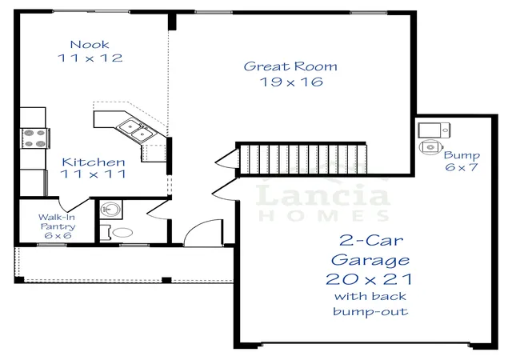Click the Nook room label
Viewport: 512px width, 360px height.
tap(90, 45)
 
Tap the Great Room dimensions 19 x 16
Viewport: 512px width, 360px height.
tap(291, 82)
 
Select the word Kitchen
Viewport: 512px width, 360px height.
tap(94, 162)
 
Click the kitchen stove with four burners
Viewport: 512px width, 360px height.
tap(35, 138)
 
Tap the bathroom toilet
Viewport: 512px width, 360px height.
tap(117, 233)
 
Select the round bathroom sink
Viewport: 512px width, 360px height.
tap(110, 209)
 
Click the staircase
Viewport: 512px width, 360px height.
tap(302, 159)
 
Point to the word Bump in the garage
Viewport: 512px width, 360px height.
tap(462, 155)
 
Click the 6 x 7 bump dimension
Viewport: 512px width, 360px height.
tap(462, 167)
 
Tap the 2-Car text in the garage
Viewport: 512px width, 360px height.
tap(371, 241)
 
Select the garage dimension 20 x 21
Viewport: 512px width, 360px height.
tap(369, 279)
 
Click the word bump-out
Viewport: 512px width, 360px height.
tap(370, 311)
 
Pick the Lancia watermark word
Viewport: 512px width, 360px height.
tap(322, 195)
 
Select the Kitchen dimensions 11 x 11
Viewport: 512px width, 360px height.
tap(94, 174)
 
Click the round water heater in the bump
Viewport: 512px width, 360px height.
tap(430, 147)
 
